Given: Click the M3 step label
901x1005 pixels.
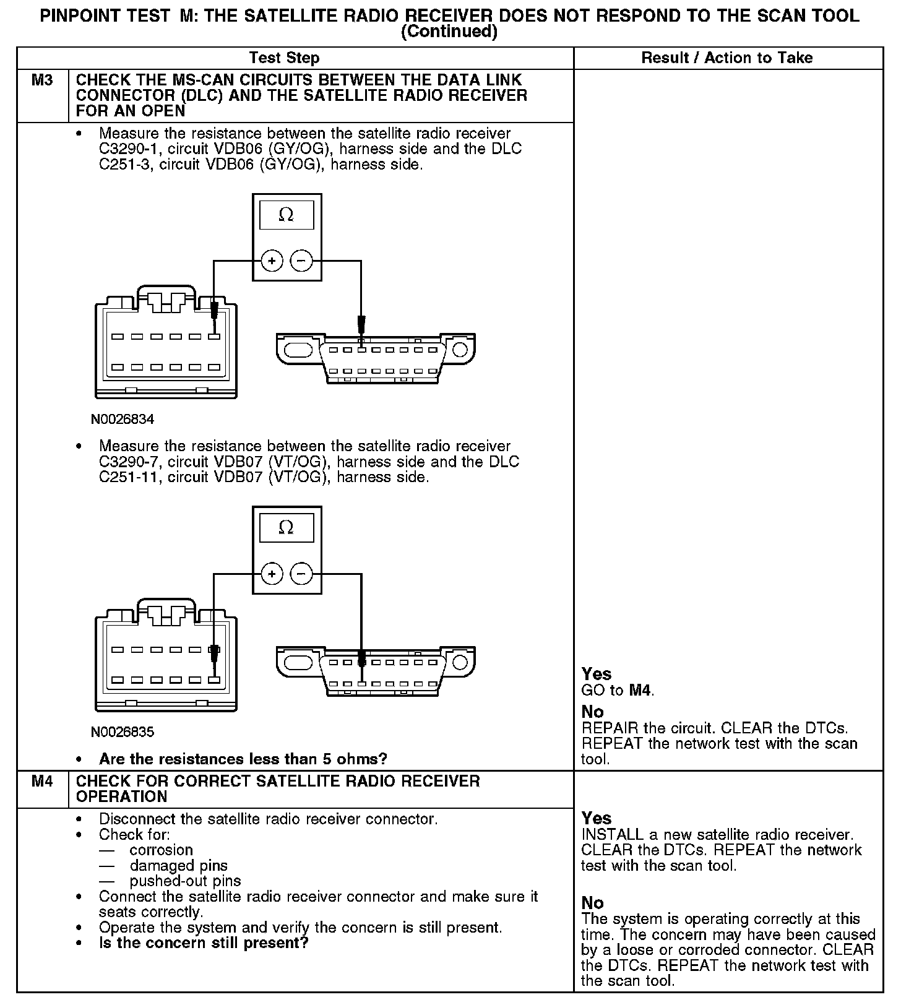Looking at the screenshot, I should [x=41, y=80].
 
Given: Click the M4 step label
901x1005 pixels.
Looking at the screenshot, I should [x=41, y=782].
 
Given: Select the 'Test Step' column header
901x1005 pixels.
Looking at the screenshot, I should [x=284, y=58].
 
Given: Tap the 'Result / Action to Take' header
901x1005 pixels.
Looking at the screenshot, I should [x=726, y=58].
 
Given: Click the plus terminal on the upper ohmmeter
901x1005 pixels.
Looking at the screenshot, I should [x=271, y=261].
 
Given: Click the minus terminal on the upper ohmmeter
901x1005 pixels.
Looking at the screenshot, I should [x=301, y=261].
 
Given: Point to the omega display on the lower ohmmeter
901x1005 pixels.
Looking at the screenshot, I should [x=286, y=528].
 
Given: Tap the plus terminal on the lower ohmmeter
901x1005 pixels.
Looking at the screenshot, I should [x=271, y=574].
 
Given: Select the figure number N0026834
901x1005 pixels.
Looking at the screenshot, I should [x=123, y=420].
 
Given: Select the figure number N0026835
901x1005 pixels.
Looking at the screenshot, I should [x=123, y=732].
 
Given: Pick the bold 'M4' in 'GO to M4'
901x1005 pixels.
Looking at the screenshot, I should [x=640, y=690].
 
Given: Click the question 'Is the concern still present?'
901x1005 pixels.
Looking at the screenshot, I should [x=204, y=943].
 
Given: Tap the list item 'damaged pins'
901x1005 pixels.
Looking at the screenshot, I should [x=178, y=866].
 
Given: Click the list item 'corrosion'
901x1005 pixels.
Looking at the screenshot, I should [x=161, y=850].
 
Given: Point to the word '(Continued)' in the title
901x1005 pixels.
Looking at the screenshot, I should [x=449, y=32].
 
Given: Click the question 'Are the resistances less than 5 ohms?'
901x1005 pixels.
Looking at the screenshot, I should [x=243, y=759].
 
